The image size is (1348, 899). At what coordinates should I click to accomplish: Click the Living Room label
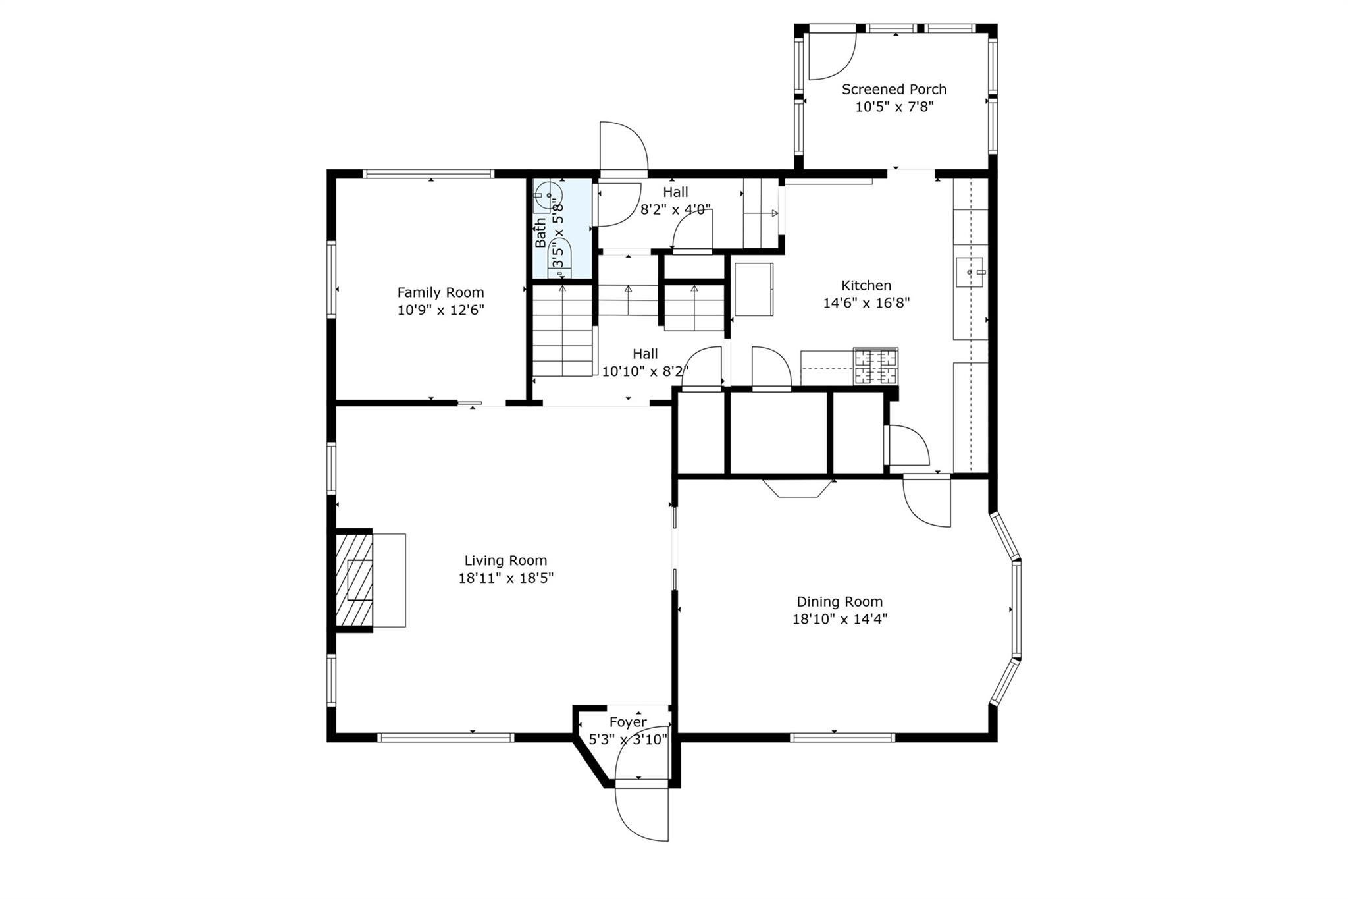[x=505, y=560]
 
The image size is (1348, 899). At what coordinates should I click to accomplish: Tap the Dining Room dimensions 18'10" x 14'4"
[x=839, y=619]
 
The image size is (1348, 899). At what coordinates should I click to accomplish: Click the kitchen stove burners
[x=875, y=367]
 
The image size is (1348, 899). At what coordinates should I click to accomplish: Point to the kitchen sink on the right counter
[x=970, y=272]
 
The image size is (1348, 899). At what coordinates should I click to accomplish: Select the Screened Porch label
[x=894, y=90]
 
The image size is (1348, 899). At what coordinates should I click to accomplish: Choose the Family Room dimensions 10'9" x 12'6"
[x=440, y=310]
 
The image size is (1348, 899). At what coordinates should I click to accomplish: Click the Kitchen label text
[x=866, y=285]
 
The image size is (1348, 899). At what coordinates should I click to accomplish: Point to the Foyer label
[x=627, y=722]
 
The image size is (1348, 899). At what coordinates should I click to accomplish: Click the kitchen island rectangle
[x=754, y=289]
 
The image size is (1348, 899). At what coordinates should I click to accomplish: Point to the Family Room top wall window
[x=428, y=174]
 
